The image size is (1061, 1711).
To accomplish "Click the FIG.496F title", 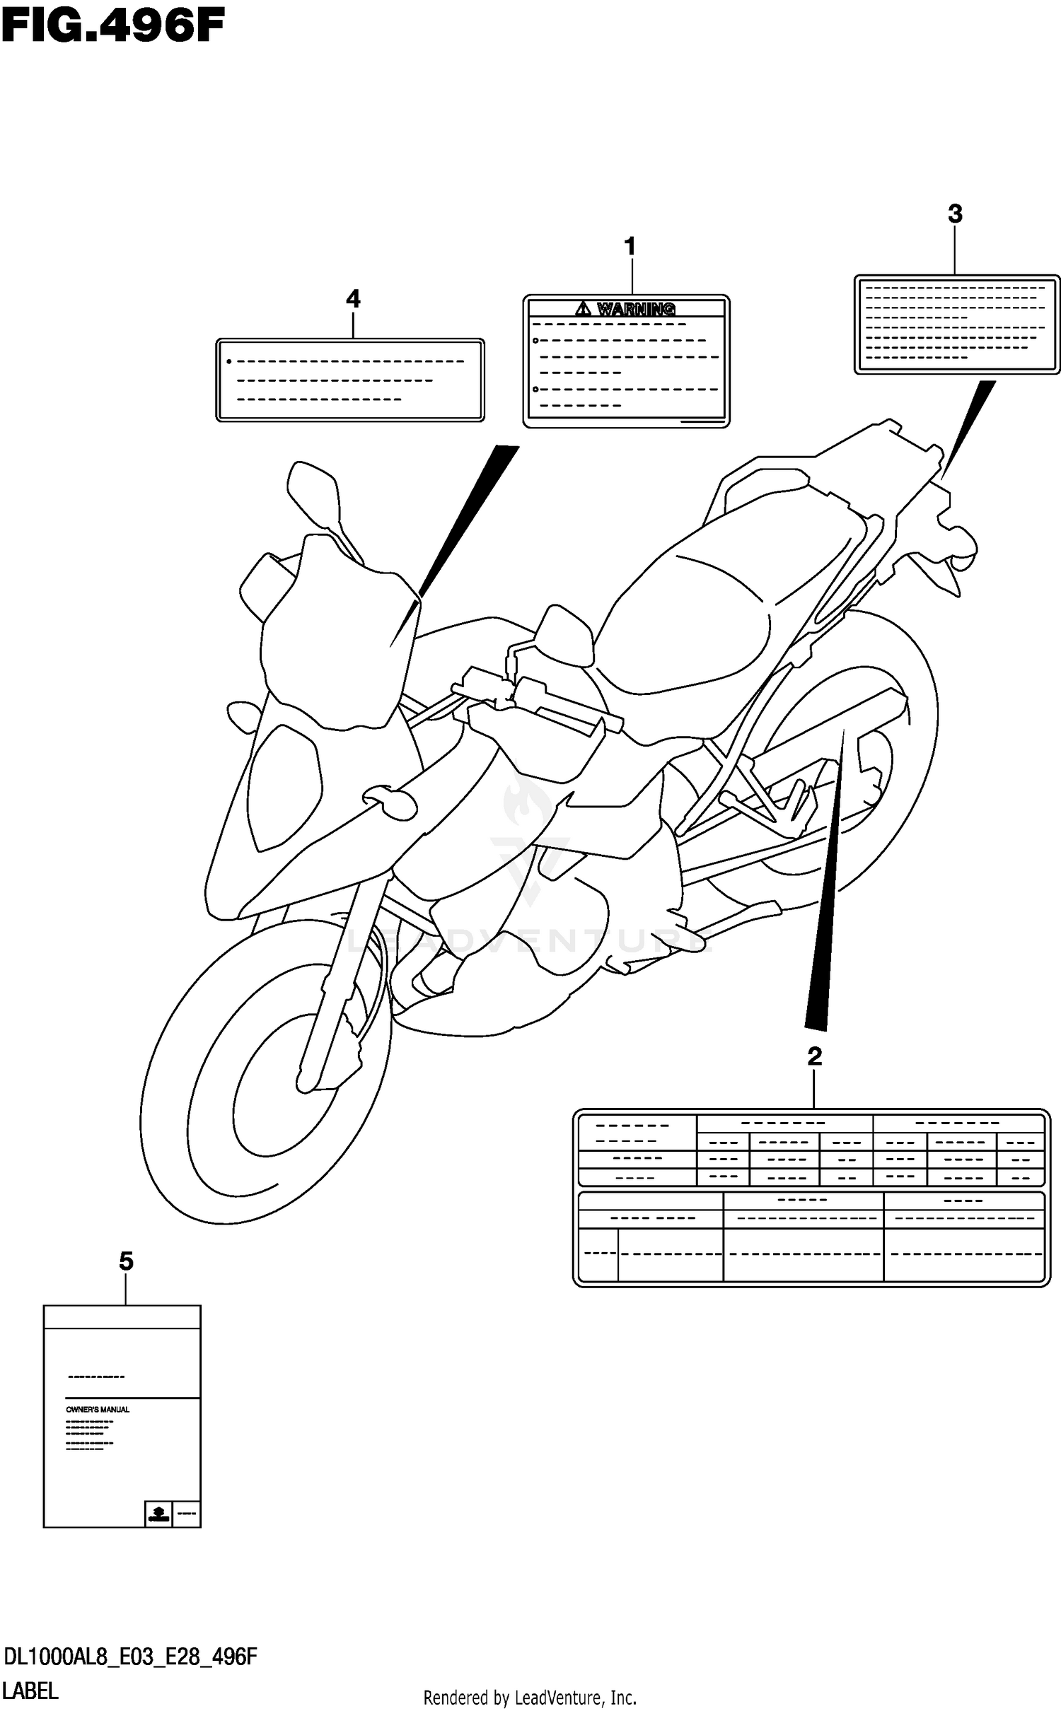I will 113,28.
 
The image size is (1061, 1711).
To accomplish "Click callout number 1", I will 630,247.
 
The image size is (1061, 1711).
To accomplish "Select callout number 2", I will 814,1057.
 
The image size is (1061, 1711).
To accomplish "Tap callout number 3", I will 955,214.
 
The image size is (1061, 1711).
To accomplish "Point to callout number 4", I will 353,300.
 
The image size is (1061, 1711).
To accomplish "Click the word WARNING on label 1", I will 636,309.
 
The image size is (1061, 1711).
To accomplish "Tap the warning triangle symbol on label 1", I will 583,308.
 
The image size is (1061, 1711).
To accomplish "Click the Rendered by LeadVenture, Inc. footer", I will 530,1698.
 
